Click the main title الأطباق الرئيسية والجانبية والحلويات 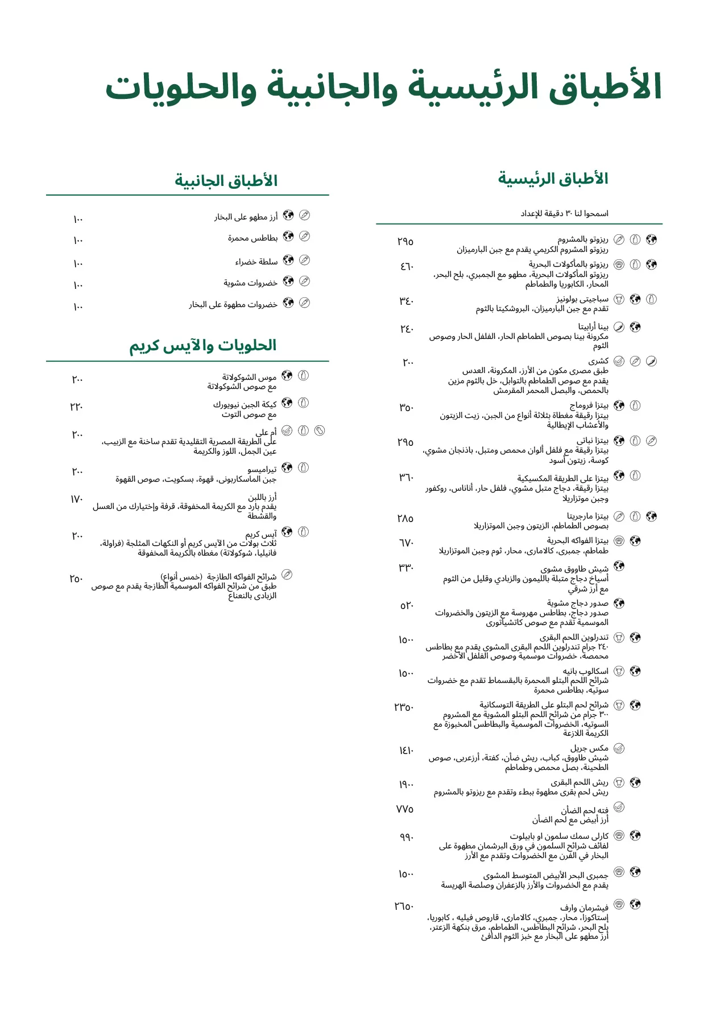(384, 88)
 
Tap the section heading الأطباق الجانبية (226, 181)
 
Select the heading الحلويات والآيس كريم (202, 346)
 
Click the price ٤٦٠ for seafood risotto (407, 266)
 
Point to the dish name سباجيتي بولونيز (582, 299)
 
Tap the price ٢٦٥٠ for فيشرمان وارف (404, 906)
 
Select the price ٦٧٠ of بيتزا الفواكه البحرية (406, 543)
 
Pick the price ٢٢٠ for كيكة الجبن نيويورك (77, 407)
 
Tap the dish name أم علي (266, 432)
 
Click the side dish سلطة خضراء (256, 262)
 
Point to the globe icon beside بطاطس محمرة (288, 236)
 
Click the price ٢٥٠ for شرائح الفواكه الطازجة (76, 579)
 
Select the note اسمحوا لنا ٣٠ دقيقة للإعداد (564, 214)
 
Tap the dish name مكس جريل (589, 748)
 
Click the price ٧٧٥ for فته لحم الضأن (405, 809)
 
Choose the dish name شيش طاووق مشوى (574, 569)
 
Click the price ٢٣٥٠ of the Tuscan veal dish (404, 707)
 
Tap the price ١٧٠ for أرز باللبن (77, 499)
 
